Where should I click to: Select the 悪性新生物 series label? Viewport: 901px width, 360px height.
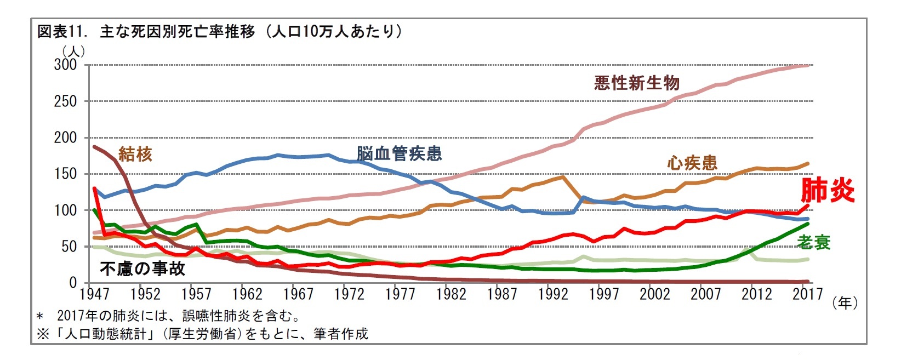pos(636,83)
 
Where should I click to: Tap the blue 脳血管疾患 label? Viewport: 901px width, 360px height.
pos(399,153)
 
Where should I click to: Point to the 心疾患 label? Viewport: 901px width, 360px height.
pos(692,163)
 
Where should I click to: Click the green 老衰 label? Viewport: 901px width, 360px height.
pos(814,242)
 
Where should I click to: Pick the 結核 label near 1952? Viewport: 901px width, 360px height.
pos(135,155)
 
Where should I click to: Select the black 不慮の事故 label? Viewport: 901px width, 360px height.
pos(142,268)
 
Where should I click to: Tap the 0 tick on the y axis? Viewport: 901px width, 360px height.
pos(73,283)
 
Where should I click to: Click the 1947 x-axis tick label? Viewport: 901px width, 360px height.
pos(94,295)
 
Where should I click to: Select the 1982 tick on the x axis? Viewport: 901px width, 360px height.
pos(451,295)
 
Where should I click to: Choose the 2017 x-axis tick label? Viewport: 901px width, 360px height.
pos(808,295)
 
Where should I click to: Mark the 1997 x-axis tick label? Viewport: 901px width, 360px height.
pos(604,295)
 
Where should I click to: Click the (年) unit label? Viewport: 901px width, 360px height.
pos(845,303)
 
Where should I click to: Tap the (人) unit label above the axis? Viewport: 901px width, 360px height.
pos(73,51)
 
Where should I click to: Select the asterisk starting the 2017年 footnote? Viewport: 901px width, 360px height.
pos(39,317)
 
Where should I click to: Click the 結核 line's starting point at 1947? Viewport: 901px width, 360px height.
pos(94,147)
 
